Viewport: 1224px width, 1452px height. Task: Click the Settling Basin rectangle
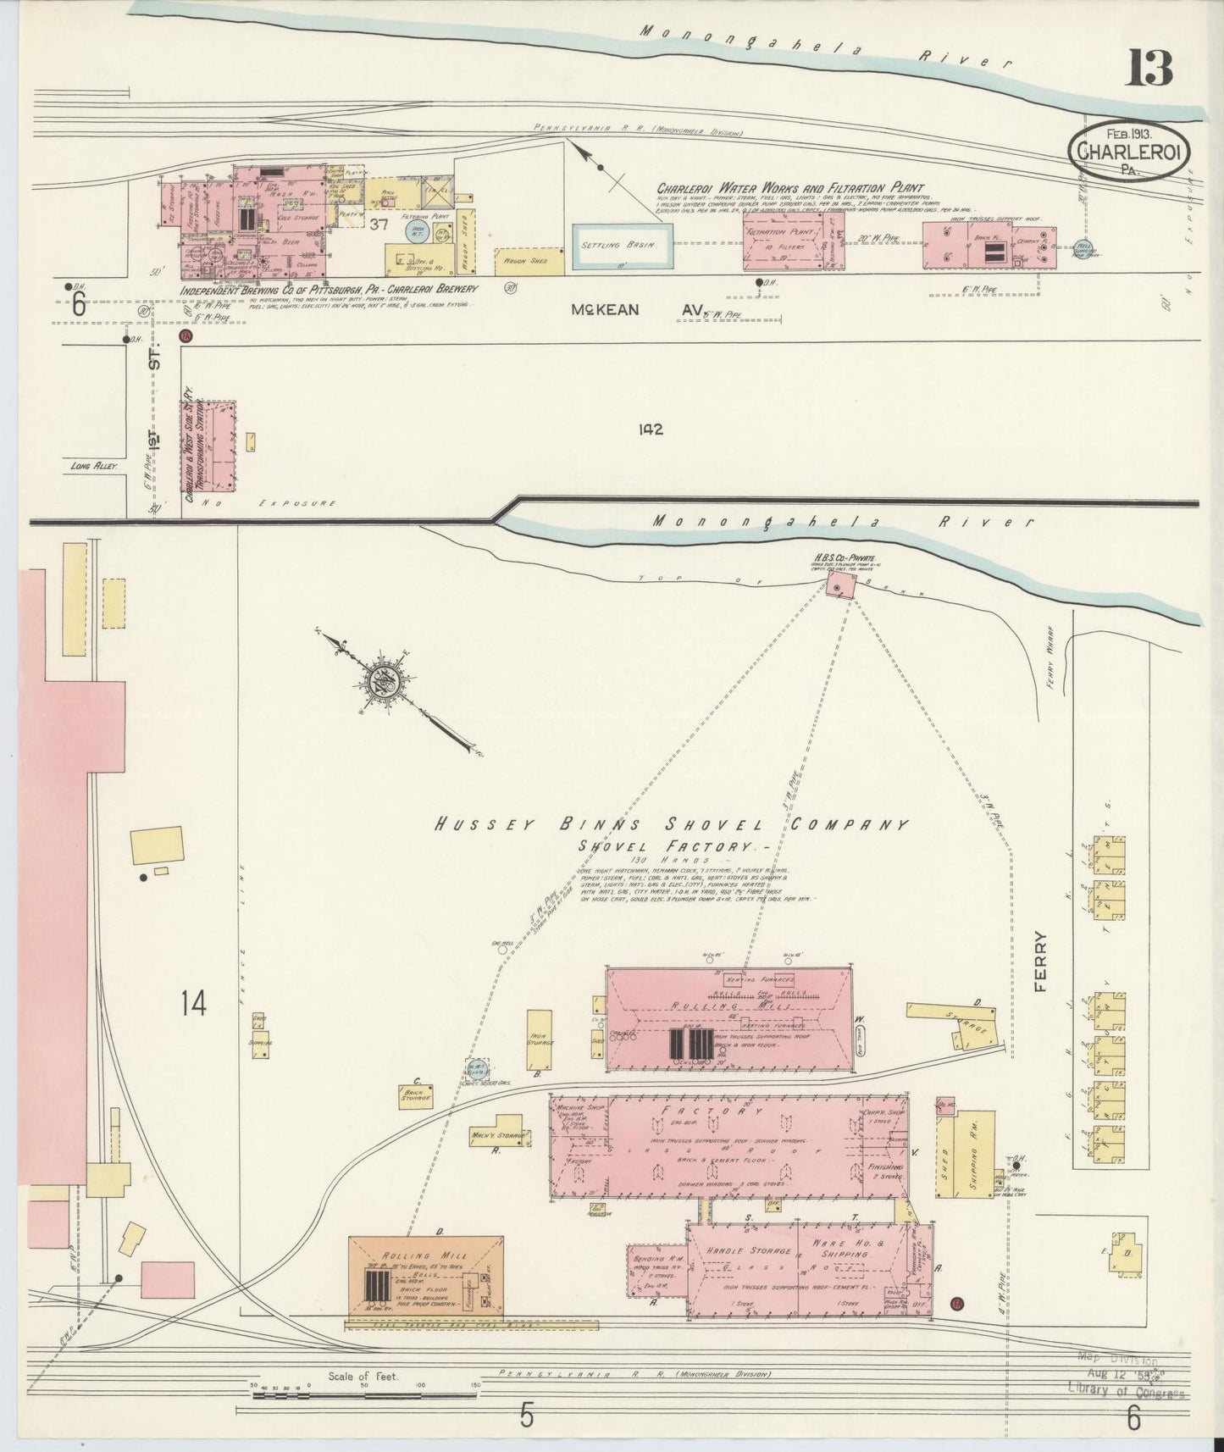[623, 245]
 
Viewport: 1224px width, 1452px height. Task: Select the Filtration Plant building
[784, 241]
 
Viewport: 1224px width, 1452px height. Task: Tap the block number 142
[651, 430]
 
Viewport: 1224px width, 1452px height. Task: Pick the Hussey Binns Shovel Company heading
[670, 824]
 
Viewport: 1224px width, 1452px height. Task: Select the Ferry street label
[1039, 962]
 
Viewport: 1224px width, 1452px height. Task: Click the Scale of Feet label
[363, 1376]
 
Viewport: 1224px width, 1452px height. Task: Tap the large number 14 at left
[193, 1004]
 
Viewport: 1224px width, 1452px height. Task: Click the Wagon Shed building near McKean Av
[529, 261]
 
